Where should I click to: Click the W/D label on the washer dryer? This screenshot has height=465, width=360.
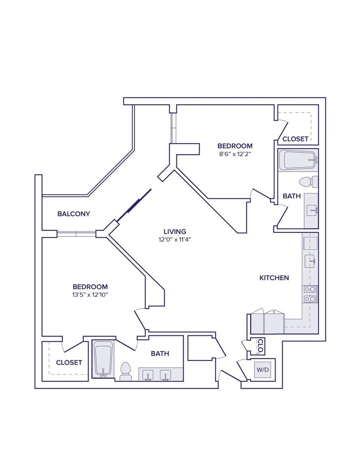262,370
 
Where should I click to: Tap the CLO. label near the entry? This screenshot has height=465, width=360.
260,346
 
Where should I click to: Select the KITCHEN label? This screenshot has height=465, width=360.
274,278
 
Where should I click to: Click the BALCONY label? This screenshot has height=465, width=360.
74,214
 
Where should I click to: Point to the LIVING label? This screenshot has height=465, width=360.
175,232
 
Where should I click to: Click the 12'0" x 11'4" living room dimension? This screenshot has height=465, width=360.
175,239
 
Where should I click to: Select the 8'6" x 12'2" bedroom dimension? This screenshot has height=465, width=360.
235,153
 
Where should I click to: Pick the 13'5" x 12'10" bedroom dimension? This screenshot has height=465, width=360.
90,295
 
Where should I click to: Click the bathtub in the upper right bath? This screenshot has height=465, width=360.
297,160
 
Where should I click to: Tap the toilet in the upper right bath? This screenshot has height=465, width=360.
308,182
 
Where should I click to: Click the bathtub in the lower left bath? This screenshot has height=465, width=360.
103,358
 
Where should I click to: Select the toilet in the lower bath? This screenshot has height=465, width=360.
125,371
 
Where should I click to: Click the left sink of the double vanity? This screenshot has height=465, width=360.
148,375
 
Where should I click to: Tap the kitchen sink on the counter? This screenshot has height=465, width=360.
310,261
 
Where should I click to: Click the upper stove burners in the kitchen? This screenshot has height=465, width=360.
310,290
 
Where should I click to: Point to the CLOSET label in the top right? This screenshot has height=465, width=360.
295,139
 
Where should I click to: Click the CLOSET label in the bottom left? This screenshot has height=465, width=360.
69,362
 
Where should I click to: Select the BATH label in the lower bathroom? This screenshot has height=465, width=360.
160,353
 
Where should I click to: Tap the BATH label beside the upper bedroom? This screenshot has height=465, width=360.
292,196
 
